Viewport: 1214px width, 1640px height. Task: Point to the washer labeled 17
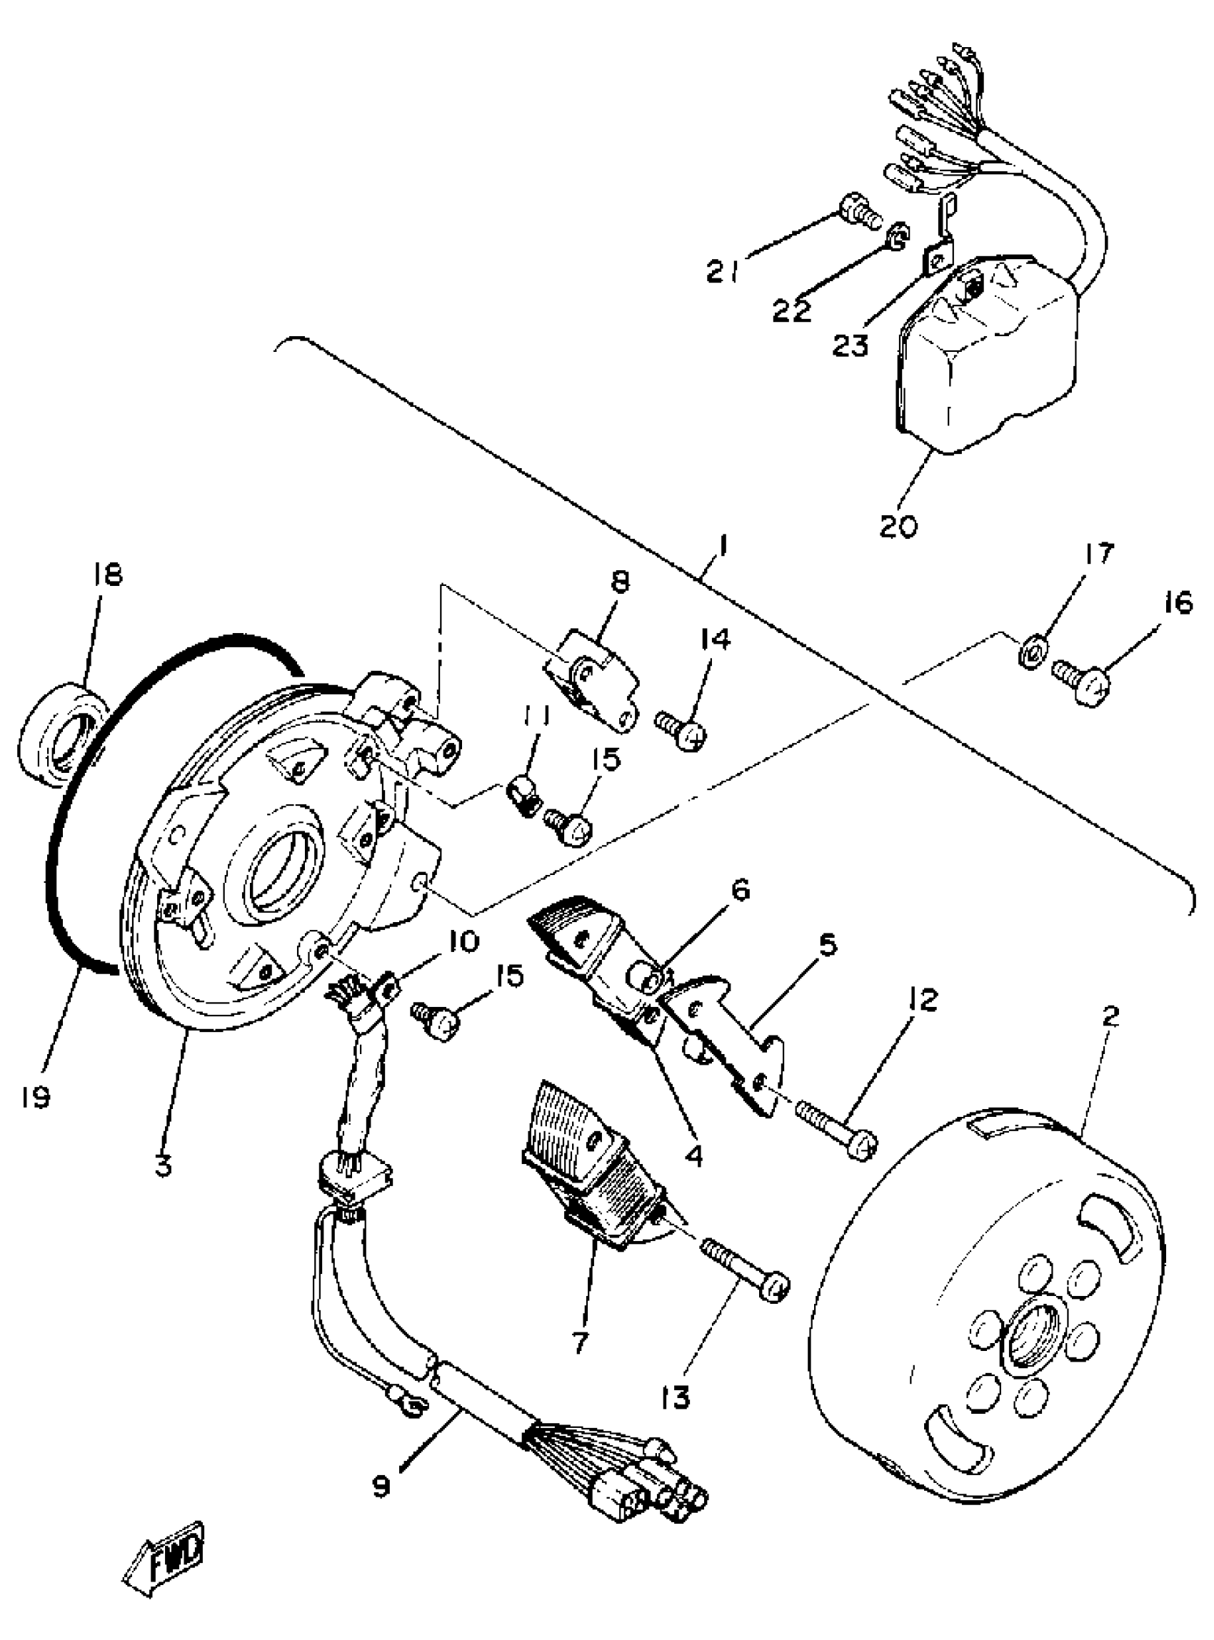point(1033,652)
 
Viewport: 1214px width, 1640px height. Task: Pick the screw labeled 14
point(682,729)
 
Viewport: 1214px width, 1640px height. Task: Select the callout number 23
point(851,345)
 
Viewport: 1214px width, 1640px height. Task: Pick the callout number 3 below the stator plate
point(163,1164)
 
